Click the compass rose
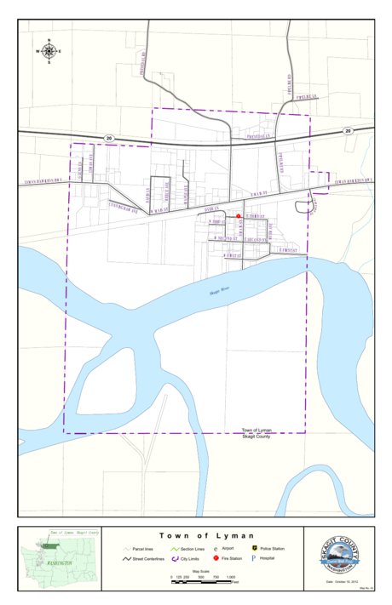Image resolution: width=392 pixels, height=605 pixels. [49, 51]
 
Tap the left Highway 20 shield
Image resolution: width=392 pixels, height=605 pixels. [109, 136]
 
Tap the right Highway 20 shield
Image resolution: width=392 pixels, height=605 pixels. [348, 131]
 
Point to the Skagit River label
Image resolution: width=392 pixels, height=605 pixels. [221, 291]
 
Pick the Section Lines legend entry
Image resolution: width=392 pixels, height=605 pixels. [187, 550]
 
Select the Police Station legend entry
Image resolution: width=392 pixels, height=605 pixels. [268, 550]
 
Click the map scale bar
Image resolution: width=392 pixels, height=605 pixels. [204, 580]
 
